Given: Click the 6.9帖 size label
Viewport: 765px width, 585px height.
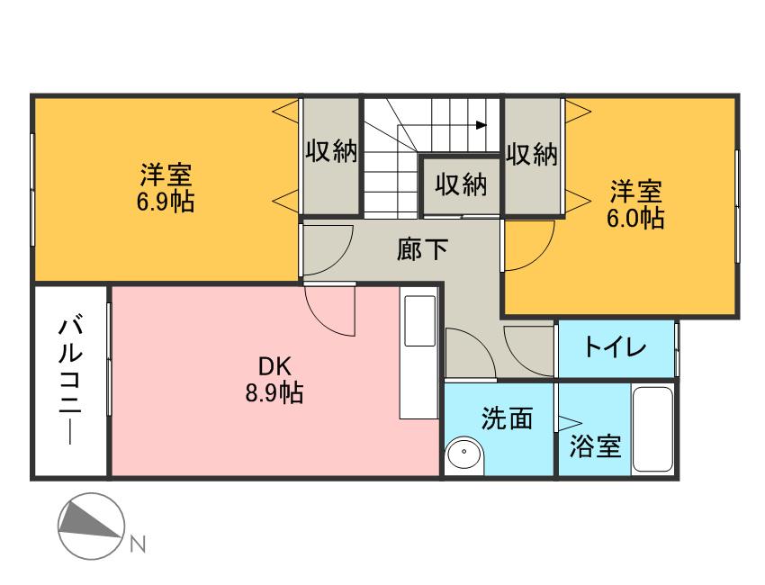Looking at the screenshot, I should (166, 201).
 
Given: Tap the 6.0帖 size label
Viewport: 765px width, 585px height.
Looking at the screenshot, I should (636, 219).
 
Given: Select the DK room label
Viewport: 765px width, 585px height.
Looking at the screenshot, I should (274, 366).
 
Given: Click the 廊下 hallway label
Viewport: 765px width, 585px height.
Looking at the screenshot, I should (422, 248).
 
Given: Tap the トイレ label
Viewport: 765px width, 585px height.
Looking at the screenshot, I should (616, 346).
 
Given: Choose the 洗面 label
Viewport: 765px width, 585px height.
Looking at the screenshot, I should (507, 418).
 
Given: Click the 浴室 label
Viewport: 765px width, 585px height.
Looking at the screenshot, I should (596, 445).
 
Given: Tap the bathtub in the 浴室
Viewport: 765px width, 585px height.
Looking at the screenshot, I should (652, 429).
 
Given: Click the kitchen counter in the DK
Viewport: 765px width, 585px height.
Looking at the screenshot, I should (419, 355).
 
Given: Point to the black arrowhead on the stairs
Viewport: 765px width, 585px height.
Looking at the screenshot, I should (482, 125).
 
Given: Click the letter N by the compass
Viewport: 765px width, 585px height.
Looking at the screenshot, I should (138, 543).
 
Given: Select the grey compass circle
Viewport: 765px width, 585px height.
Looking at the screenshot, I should (90, 527).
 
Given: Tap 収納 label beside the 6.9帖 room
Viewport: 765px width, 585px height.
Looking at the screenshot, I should (331, 152).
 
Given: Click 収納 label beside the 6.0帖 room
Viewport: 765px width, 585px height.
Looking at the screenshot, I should (532, 155).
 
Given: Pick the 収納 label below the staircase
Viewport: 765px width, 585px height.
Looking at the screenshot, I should (462, 185).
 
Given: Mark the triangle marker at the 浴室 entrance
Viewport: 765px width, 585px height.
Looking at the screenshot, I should (570, 419).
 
